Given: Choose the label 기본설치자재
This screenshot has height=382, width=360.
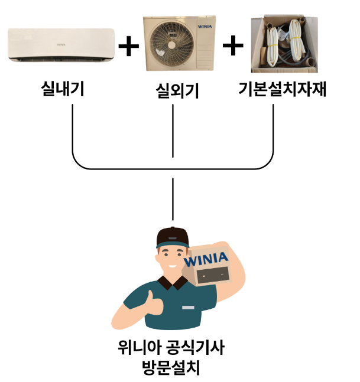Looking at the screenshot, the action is [282, 90].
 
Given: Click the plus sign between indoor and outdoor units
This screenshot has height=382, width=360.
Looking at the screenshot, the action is [129, 46].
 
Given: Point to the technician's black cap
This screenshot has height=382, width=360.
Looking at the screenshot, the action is [172, 237].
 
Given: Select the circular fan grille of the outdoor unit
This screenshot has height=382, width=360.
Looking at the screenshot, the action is [168, 46].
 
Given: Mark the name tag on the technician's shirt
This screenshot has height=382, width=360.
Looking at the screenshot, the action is [188, 308].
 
